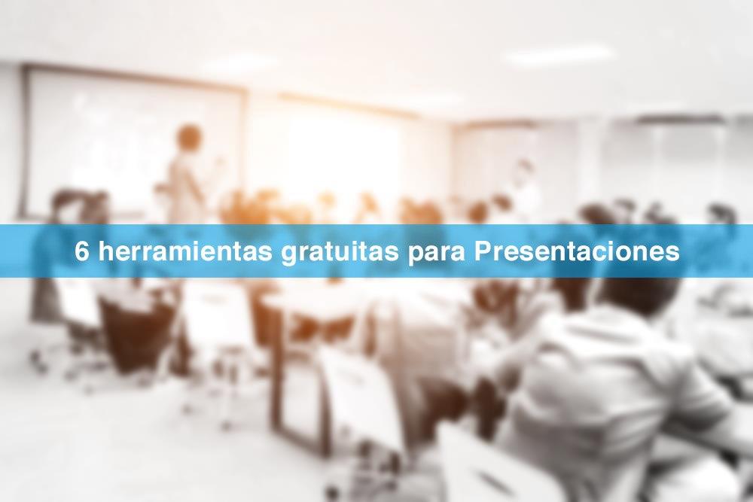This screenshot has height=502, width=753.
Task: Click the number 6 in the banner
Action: (x=81, y=251)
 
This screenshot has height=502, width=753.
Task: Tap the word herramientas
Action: (x=185, y=251)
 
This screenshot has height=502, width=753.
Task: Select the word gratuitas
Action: (x=340, y=253)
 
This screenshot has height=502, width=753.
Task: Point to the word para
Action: (x=437, y=254)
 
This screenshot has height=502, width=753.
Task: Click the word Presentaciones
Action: (x=577, y=251)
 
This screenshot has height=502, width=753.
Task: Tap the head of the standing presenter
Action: (x=189, y=137)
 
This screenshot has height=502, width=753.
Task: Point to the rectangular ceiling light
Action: (x=559, y=55)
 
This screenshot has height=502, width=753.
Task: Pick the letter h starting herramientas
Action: (x=105, y=251)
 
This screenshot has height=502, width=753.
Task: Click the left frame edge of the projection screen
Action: (x=23, y=141)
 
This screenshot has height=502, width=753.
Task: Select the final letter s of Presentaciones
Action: (x=673, y=254)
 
